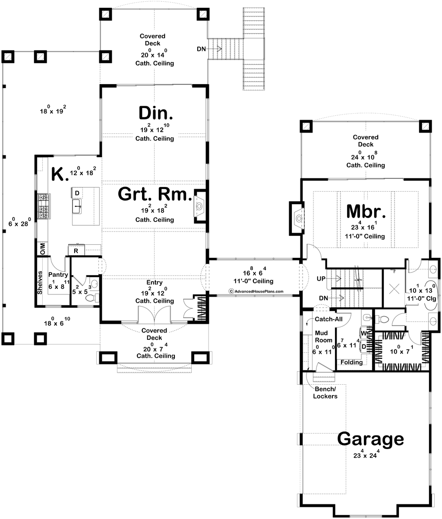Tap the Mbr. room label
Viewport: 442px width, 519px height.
pyautogui.click(x=366, y=212)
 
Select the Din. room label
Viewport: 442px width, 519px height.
pyautogui.click(x=156, y=113)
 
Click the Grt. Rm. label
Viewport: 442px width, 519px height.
pyautogui.click(x=155, y=194)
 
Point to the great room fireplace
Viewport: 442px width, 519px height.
pyautogui.click(x=200, y=206)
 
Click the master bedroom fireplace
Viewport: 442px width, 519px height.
pyautogui.click(x=297, y=218)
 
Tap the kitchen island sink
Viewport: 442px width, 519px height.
pyautogui.click(x=77, y=206)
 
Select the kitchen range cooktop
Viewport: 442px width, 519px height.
pyautogui.click(x=44, y=206)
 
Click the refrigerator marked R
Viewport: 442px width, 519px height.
pyautogui.click(x=76, y=250)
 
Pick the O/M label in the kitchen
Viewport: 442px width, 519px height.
pyautogui.click(x=43, y=249)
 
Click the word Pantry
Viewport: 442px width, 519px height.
pyautogui.click(x=58, y=275)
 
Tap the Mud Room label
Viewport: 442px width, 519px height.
pyautogui.click(x=324, y=337)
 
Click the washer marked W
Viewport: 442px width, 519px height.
pyautogui.click(x=364, y=333)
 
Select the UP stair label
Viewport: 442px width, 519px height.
pyautogui.click(x=321, y=278)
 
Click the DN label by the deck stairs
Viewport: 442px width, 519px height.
pyautogui.click(x=201, y=49)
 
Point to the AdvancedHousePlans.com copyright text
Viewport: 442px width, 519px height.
pyautogui.click(x=256, y=291)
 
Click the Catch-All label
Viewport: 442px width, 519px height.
pyautogui.click(x=328, y=319)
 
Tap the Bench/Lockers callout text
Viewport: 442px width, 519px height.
pyautogui.click(x=325, y=392)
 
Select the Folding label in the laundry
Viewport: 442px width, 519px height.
pyautogui.click(x=351, y=362)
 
